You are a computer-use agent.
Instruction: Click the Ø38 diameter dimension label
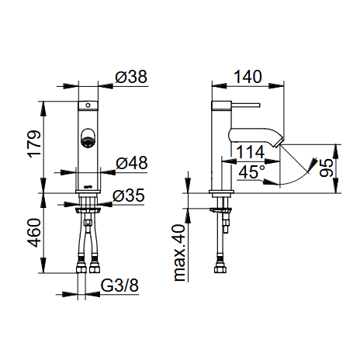click(x=131, y=77)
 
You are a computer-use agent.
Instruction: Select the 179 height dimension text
click(x=34, y=144)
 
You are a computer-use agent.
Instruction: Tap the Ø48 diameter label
click(x=132, y=163)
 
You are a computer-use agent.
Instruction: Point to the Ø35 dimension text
click(x=128, y=196)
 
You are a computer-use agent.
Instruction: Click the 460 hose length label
click(x=34, y=233)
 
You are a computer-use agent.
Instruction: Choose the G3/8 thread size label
click(x=119, y=286)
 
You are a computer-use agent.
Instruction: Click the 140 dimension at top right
click(x=247, y=77)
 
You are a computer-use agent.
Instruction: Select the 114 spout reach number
click(x=251, y=152)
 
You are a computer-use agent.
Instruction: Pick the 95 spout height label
click(x=326, y=168)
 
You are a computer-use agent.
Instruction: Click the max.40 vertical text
click(x=179, y=253)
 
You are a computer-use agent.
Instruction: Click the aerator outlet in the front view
click(x=88, y=138)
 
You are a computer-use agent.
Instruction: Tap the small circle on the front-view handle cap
click(x=88, y=106)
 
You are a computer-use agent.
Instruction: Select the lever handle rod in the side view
click(x=245, y=105)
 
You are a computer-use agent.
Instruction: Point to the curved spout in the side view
click(x=254, y=137)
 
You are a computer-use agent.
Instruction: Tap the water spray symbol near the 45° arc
click(x=312, y=164)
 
